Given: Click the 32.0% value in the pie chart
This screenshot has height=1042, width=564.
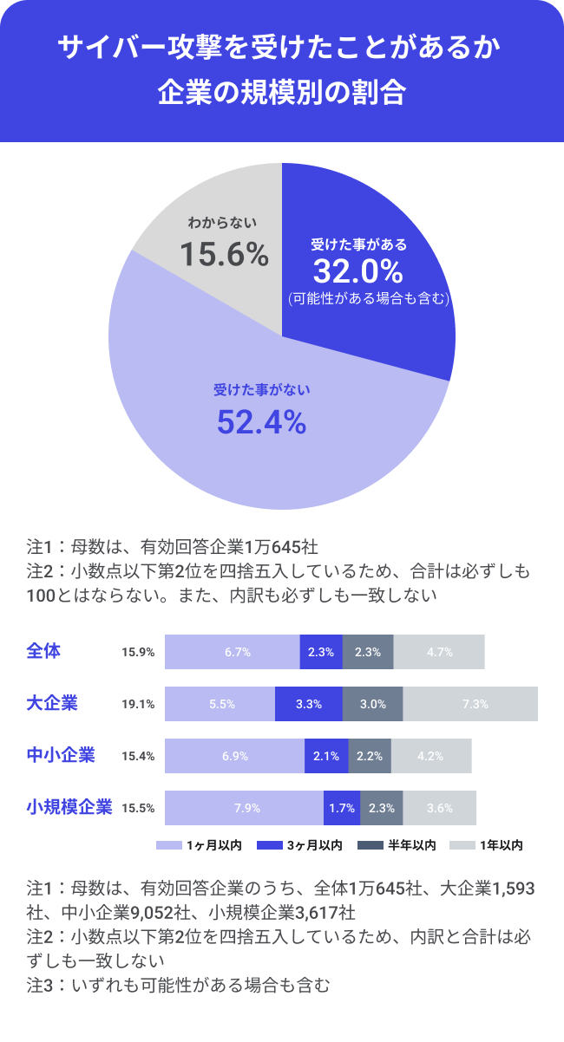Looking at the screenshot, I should point(357,271).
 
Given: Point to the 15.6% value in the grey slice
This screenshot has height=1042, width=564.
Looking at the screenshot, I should point(224,254).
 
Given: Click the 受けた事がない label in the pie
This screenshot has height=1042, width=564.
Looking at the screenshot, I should point(261,390).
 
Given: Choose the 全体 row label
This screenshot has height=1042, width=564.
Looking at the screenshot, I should point(43,651).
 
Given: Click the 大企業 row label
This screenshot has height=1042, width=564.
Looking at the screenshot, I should point(52,703).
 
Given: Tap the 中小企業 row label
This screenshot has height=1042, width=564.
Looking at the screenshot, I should point(61,755).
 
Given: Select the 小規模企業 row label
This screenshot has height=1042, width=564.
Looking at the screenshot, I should point(69,807).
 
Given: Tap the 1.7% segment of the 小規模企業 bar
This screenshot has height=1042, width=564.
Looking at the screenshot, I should point(342,808).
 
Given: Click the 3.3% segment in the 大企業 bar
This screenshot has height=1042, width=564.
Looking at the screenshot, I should point(309,704).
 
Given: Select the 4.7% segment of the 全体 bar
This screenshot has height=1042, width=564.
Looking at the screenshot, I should point(439,652).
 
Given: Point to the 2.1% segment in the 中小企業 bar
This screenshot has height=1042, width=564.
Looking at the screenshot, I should point(326,756).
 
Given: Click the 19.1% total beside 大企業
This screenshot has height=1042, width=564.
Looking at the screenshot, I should point(138,704).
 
